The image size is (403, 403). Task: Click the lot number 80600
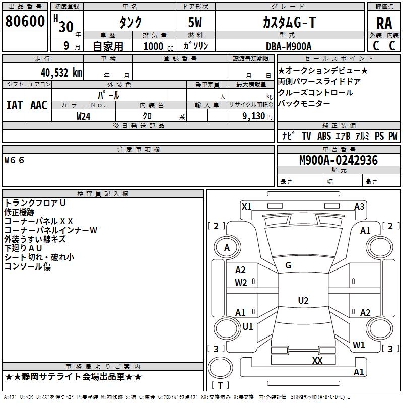(25, 22)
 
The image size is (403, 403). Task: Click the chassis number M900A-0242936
(338, 160)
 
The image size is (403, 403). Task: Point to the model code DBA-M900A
(289, 46)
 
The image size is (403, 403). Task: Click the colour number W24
(84, 116)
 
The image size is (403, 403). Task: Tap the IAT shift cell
(14, 105)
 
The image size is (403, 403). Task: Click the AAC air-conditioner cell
(39, 105)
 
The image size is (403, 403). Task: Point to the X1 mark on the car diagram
(247, 206)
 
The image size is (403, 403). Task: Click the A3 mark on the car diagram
(359, 206)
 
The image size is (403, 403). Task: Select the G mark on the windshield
(288, 265)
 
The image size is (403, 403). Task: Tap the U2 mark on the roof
(303, 301)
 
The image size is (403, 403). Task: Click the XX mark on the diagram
(317, 360)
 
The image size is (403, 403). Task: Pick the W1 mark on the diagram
(359, 345)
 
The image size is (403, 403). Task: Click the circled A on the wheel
(227, 248)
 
